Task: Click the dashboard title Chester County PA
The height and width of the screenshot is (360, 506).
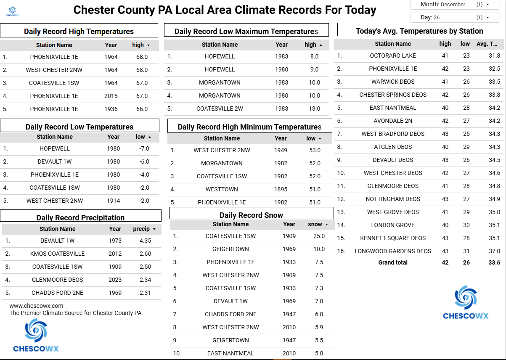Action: click(225, 10)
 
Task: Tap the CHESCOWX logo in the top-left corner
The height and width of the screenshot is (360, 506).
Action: click(12, 11)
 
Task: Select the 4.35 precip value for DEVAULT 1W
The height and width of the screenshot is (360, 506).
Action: click(145, 241)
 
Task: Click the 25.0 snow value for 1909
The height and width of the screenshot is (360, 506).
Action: click(319, 236)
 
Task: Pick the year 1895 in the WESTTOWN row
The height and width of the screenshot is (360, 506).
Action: click(281, 189)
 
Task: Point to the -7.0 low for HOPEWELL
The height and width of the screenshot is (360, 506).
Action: click(144, 148)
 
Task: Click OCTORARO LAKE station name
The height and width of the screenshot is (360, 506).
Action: click(392, 56)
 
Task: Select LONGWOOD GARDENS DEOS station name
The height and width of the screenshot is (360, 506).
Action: click(392, 251)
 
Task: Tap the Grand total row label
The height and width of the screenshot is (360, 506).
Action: click(392, 262)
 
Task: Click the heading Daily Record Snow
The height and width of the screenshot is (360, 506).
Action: click(251, 215)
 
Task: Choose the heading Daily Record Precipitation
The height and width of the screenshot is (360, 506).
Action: click(80, 217)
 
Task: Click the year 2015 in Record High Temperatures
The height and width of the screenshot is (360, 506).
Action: click(111, 96)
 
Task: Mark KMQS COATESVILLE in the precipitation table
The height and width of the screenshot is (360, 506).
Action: click(57, 254)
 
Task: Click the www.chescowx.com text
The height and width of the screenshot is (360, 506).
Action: click(36, 306)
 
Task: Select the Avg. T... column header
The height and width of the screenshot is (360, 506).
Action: click(487, 44)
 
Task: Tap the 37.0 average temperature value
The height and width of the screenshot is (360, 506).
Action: click(494, 251)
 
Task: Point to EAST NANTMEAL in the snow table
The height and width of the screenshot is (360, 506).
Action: click(230, 353)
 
